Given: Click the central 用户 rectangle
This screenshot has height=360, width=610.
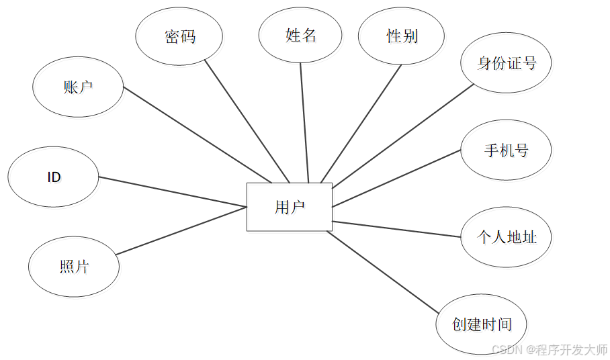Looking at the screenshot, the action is (289, 207).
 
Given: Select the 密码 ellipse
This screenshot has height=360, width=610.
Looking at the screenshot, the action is (180, 37).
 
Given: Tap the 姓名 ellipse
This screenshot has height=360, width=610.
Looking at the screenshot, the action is (301, 36).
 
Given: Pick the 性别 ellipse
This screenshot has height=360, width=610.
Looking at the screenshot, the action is (402, 36).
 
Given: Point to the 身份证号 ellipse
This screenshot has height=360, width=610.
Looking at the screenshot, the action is (507, 64).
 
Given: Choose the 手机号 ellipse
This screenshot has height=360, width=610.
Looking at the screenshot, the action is (506, 150).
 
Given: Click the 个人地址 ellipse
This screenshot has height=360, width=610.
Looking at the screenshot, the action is (506, 237).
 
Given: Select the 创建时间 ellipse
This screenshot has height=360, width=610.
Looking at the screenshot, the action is (482, 325).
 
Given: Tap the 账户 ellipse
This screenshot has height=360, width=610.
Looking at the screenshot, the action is (78, 87).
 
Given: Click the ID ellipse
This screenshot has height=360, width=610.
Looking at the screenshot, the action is (54, 177).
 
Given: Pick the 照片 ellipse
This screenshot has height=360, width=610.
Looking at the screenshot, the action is (74, 267).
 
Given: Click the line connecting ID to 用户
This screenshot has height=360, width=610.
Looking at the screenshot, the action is (173, 192).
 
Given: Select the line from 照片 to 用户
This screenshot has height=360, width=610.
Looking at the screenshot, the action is (181, 231).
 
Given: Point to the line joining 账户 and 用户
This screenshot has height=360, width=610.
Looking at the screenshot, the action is (198, 135).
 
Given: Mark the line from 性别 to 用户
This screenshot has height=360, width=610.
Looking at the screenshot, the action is (361, 123).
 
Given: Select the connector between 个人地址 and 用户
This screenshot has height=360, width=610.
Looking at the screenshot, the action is (396, 229).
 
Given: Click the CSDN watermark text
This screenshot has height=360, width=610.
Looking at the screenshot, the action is (550, 350).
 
